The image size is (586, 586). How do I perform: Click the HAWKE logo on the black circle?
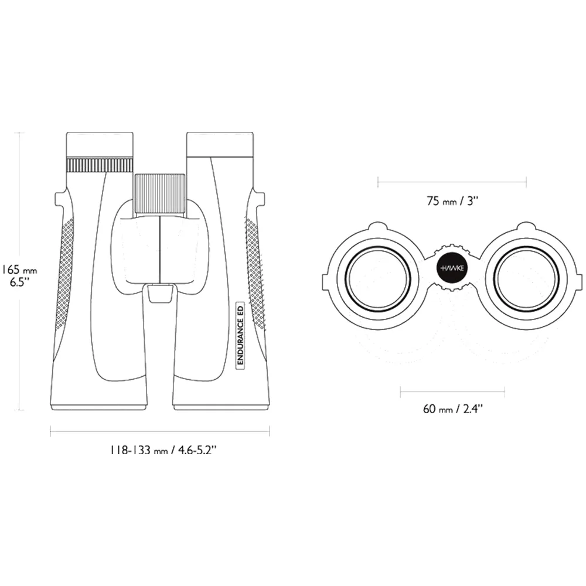pos(452,269)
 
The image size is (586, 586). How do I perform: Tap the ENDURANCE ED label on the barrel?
pos(240,335)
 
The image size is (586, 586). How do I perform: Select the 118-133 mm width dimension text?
pos(162,450)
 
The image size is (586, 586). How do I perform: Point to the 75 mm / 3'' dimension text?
pos(452,201)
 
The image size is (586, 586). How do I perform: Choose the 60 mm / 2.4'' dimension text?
pos(452,409)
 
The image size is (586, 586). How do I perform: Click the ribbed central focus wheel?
pos(161,193)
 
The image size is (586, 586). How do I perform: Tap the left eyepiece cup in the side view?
pos(100,144)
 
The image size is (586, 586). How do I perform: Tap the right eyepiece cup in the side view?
pos(220,144)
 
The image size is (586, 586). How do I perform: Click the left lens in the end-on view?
pos(377,279)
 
